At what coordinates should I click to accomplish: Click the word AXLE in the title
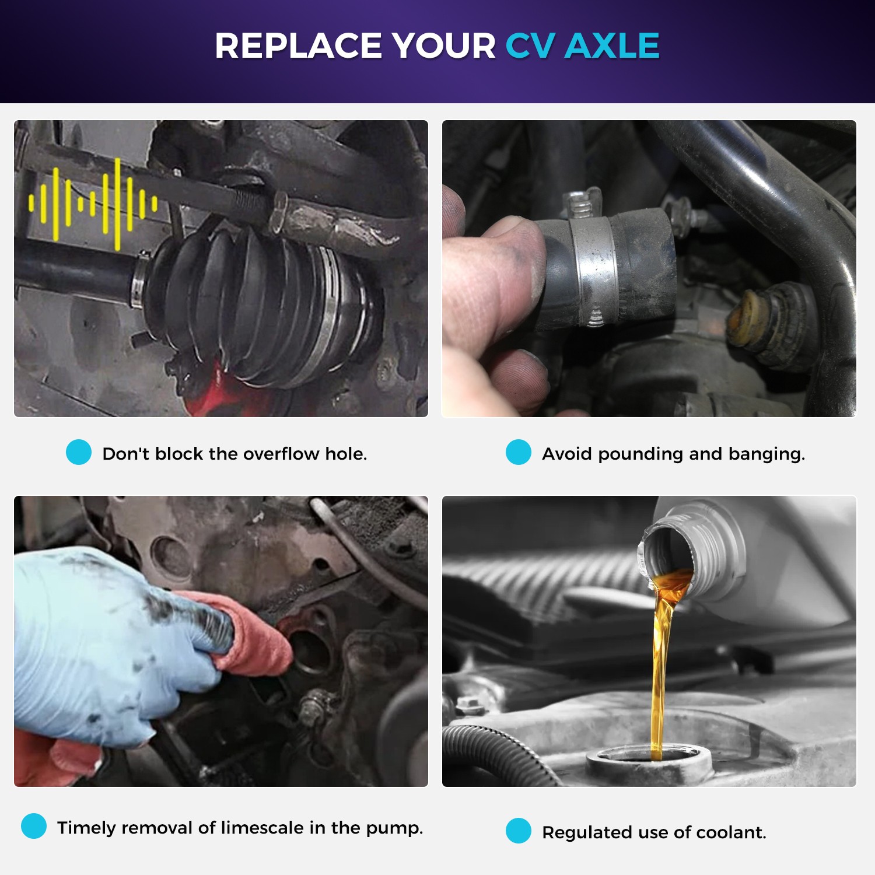[x=612, y=45]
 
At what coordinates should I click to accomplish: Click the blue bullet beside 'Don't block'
[x=79, y=452]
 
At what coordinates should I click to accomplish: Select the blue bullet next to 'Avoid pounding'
[x=519, y=452]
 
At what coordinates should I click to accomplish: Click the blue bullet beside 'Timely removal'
[x=34, y=826]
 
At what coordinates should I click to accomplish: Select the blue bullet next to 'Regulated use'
[x=519, y=831]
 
